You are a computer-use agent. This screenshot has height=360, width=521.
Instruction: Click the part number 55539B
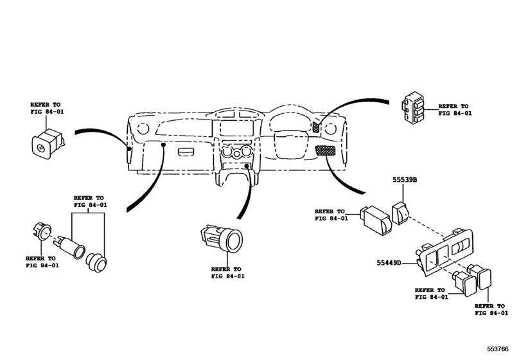[405, 181]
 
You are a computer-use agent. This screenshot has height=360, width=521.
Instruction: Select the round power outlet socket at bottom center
[220, 239]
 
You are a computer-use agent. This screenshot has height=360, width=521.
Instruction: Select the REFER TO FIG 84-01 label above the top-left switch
[47, 107]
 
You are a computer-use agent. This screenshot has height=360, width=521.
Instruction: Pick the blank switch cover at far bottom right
[484, 279]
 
